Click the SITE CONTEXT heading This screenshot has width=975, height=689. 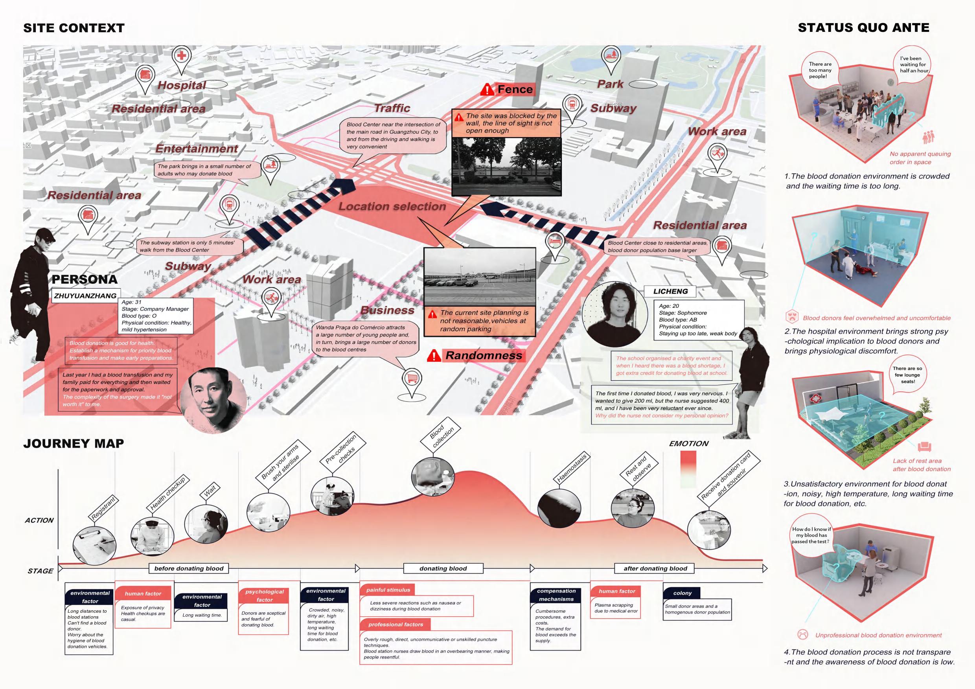click(74, 28)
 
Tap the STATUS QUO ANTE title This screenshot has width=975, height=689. click(863, 28)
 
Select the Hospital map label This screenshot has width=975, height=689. click(182, 85)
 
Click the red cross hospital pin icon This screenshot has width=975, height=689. click(182, 57)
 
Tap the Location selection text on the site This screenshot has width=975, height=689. click(392, 207)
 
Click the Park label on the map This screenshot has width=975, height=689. click(610, 84)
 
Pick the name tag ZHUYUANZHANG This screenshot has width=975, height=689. click(85, 296)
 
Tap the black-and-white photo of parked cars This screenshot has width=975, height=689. click(479, 277)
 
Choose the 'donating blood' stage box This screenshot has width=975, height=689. click(443, 568)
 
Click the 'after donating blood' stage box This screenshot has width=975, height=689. click(655, 568)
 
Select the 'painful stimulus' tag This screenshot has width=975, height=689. click(388, 590)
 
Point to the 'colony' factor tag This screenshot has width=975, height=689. click(682, 593)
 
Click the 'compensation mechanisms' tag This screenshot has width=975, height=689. click(556, 595)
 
